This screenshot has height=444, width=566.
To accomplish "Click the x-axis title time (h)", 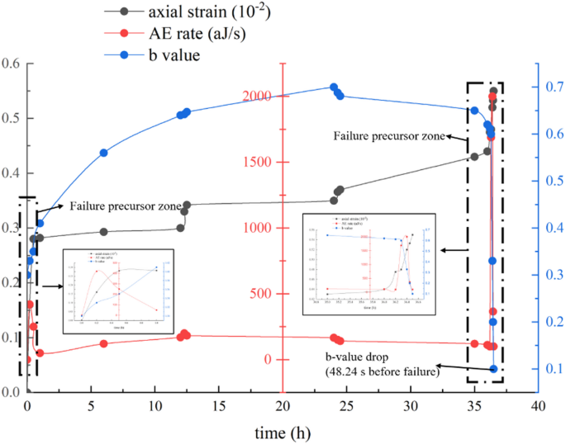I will (x=283, y=433).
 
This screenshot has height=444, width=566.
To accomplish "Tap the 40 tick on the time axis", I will (x=538, y=407).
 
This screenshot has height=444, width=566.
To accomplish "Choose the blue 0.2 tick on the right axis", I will (x=552, y=322).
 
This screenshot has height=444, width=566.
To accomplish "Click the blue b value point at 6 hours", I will (x=104, y=153).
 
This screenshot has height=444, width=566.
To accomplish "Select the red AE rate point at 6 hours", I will (x=104, y=343).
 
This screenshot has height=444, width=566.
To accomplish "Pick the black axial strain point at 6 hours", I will (x=104, y=232).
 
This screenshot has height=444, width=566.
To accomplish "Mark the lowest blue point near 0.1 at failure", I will (x=493, y=369).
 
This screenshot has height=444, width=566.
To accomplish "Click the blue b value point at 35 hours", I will (x=474, y=111).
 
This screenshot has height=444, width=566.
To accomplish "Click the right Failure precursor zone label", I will (x=390, y=135).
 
